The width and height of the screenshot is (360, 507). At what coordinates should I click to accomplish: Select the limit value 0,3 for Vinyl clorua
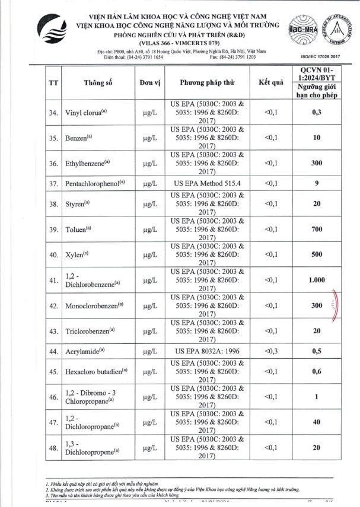(317, 112)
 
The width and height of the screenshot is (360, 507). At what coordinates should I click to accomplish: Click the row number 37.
(53, 183)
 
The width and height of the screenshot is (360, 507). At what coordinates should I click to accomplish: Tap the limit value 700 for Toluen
(317, 228)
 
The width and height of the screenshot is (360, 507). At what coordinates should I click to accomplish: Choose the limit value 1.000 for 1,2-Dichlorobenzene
(317, 280)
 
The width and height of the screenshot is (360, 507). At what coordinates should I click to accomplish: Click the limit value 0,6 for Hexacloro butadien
(317, 372)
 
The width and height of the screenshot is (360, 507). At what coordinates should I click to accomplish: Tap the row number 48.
(53, 449)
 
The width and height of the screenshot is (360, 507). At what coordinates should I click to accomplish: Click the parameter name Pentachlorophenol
(95, 183)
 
